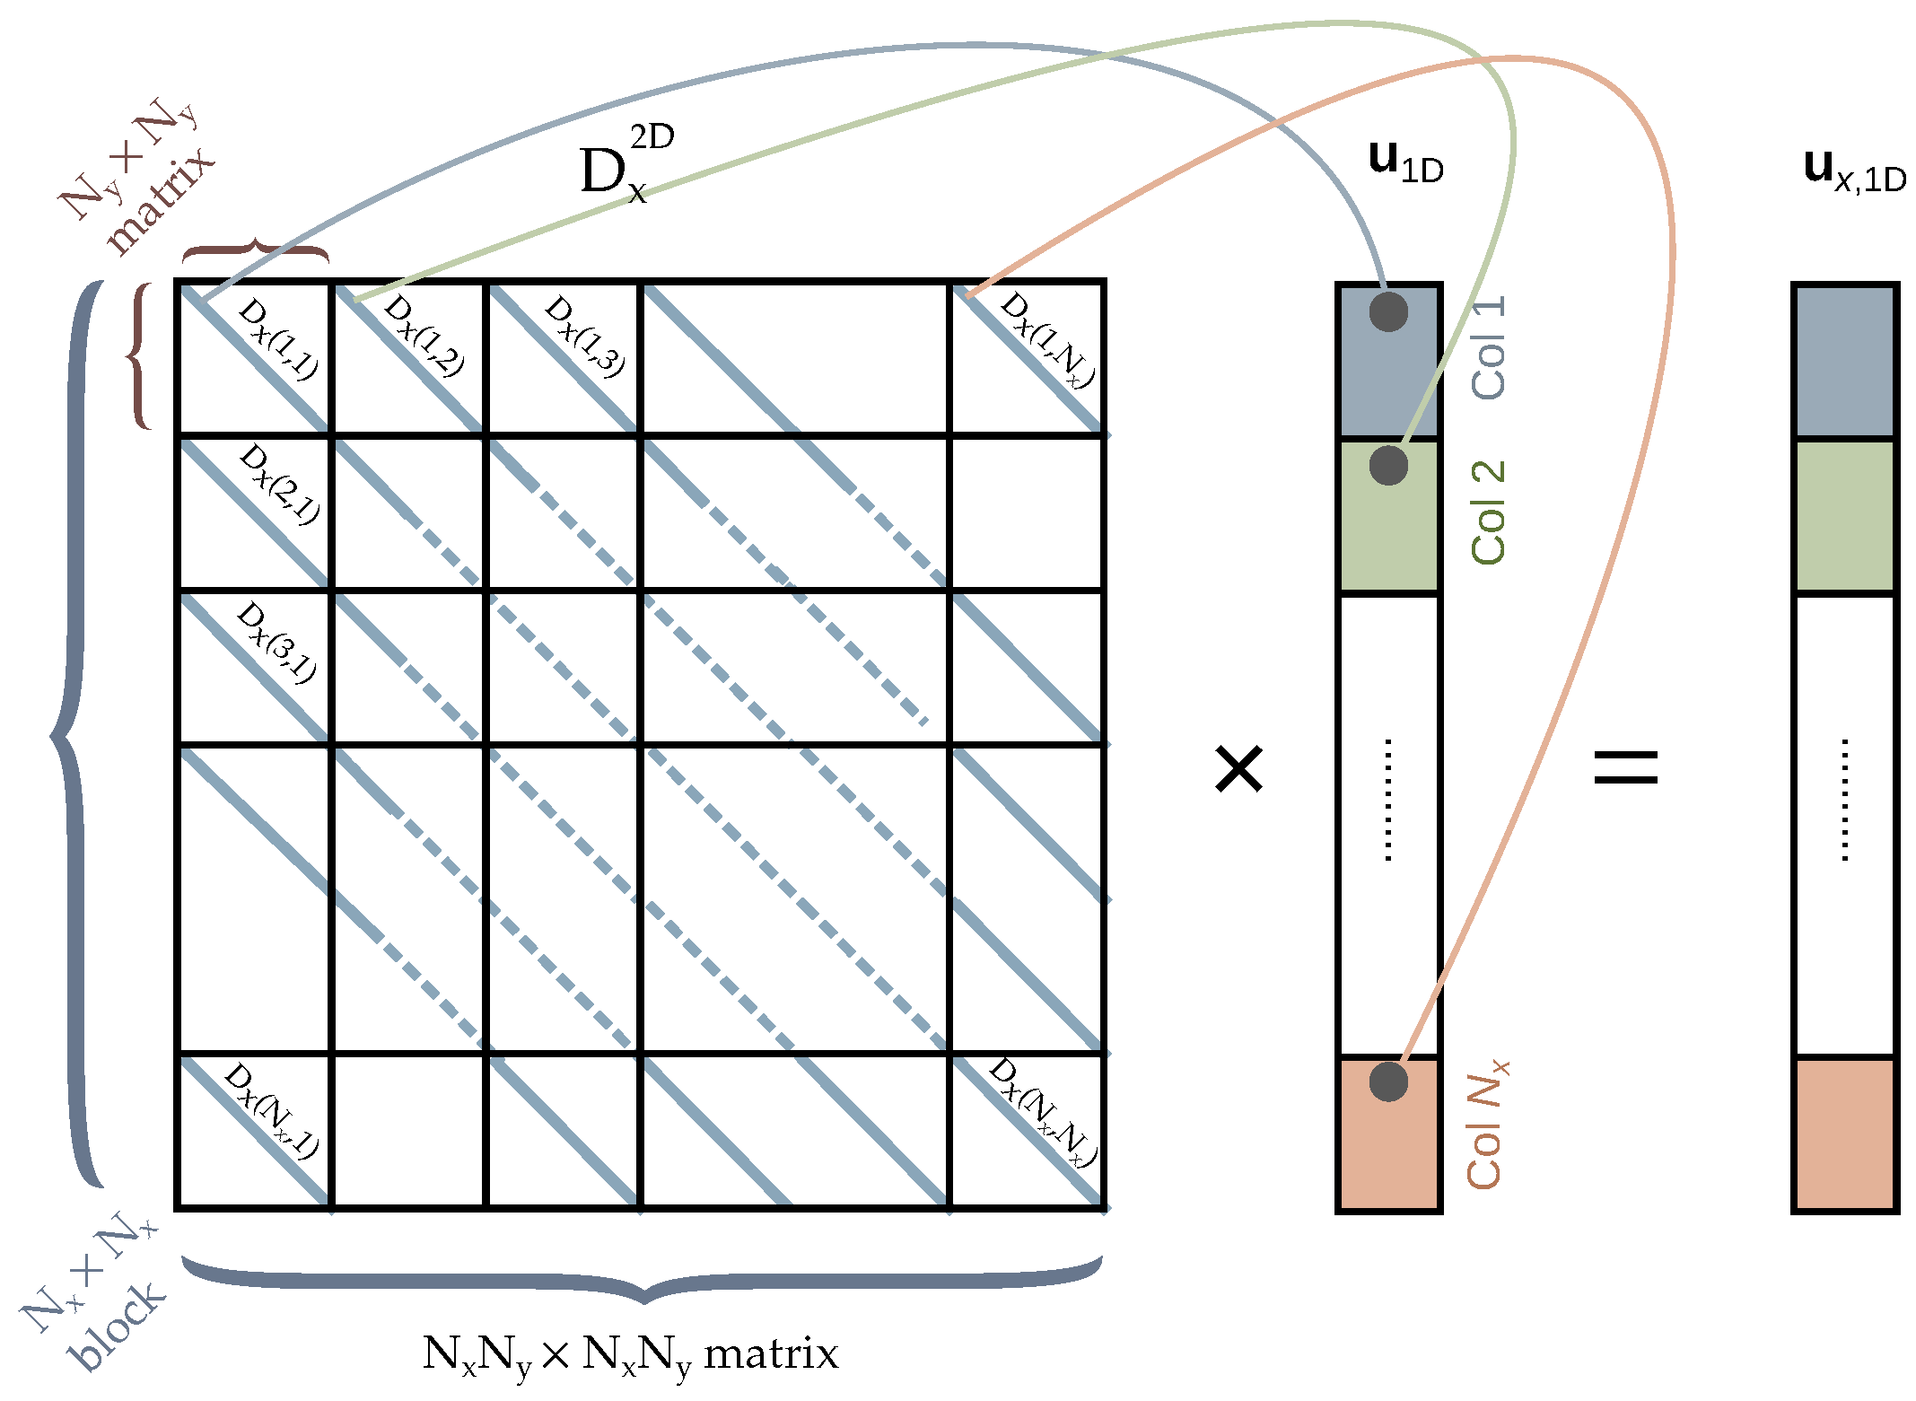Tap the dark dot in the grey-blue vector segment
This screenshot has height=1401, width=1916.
coord(1388,311)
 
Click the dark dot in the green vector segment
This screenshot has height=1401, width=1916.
coord(1388,465)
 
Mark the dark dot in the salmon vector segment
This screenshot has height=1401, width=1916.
coord(1388,1081)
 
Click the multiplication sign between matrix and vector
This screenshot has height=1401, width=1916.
coord(1238,769)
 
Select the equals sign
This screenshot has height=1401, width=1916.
coord(1625,767)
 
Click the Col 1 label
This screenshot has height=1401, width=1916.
coord(1489,347)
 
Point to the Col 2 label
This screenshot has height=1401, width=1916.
coord(1489,512)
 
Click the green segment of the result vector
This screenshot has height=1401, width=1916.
coord(1845,515)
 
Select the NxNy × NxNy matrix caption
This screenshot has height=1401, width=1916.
coord(630,1354)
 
